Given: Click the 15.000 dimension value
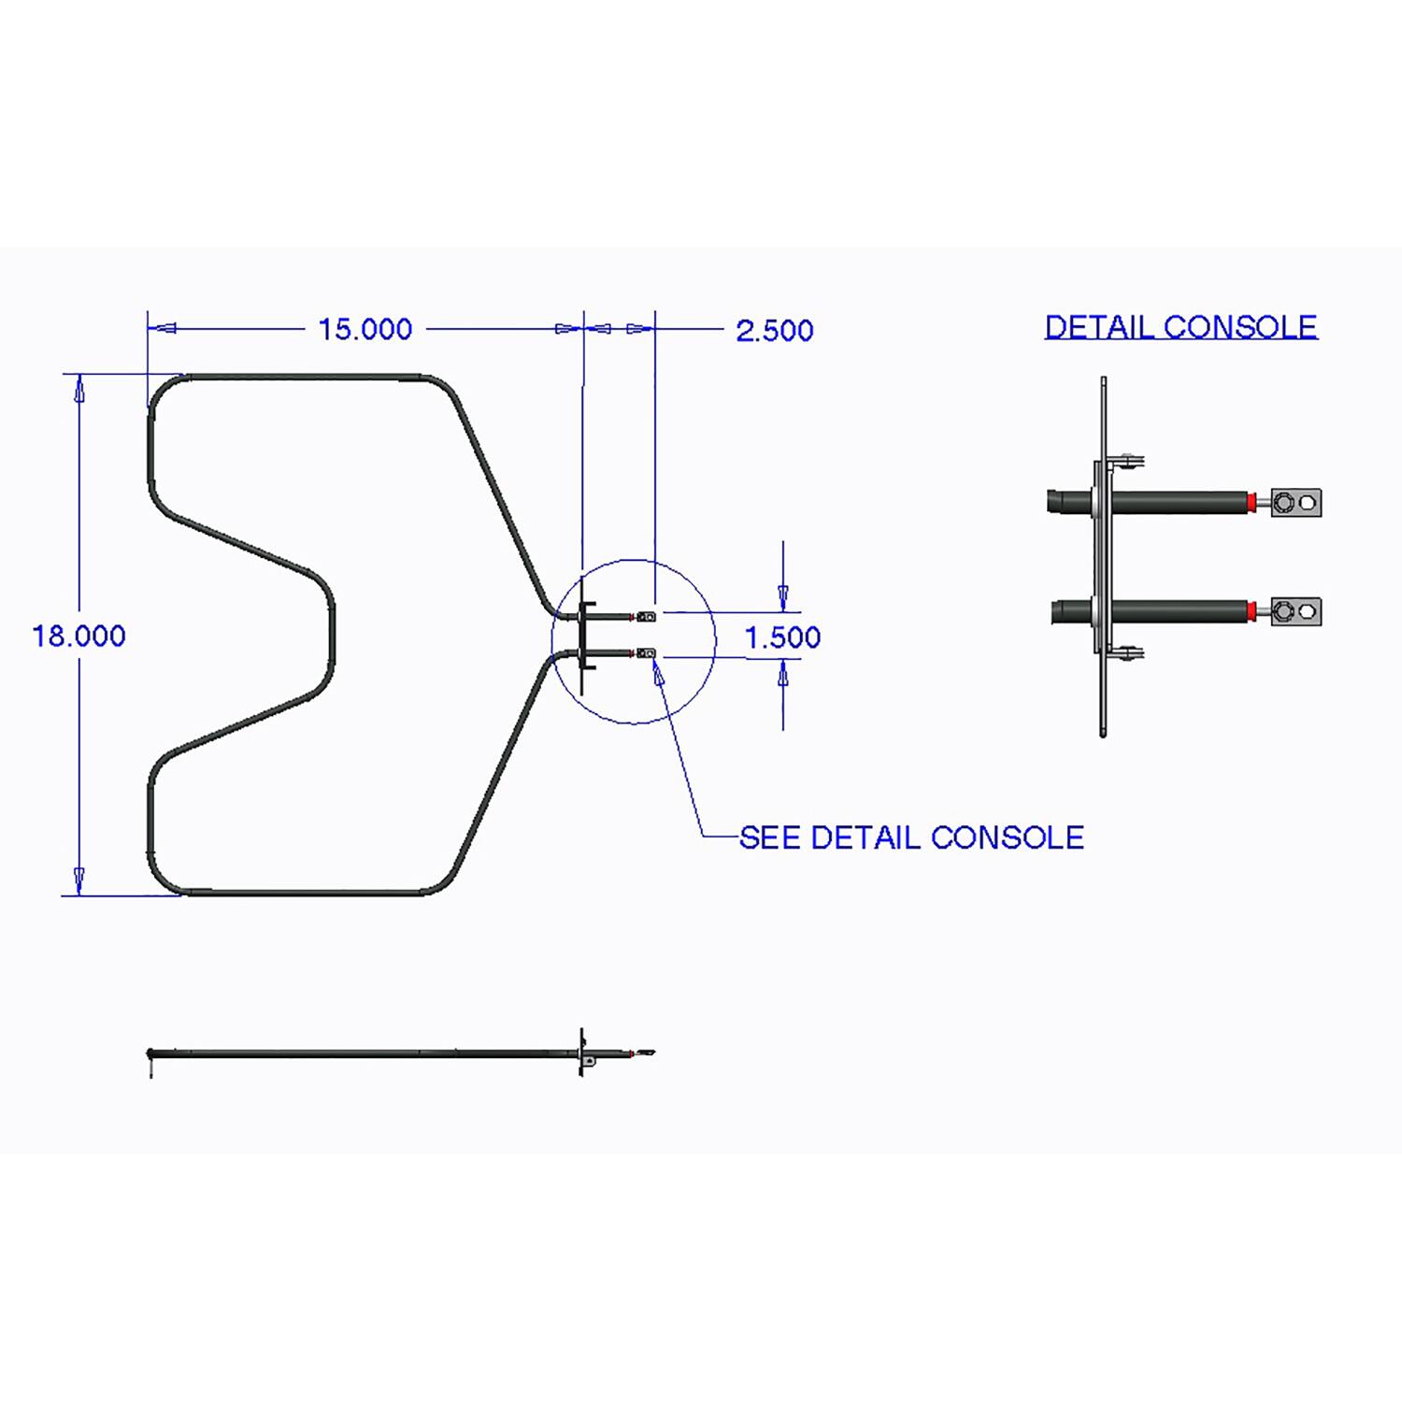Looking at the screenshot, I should (x=365, y=330).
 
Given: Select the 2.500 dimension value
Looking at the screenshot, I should (x=774, y=331).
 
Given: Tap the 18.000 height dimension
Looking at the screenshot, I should (x=79, y=637).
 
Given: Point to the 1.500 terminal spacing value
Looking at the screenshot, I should (x=782, y=637).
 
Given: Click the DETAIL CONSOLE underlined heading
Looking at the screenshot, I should (x=1180, y=327).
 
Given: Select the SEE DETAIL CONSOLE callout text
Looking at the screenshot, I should (x=911, y=837).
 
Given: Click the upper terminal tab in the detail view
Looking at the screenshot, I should (x=1295, y=503).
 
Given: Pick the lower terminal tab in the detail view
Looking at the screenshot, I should (x=1295, y=612).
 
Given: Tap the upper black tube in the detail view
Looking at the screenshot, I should (x=1178, y=502).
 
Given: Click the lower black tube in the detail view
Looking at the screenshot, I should (x=1178, y=612).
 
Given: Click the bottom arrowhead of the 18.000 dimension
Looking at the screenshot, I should (x=79, y=881).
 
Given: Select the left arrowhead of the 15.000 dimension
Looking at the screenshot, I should (x=164, y=329).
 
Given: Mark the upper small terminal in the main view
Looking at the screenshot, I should (x=646, y=616).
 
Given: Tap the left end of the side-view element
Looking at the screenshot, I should (x=151, y=1055).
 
